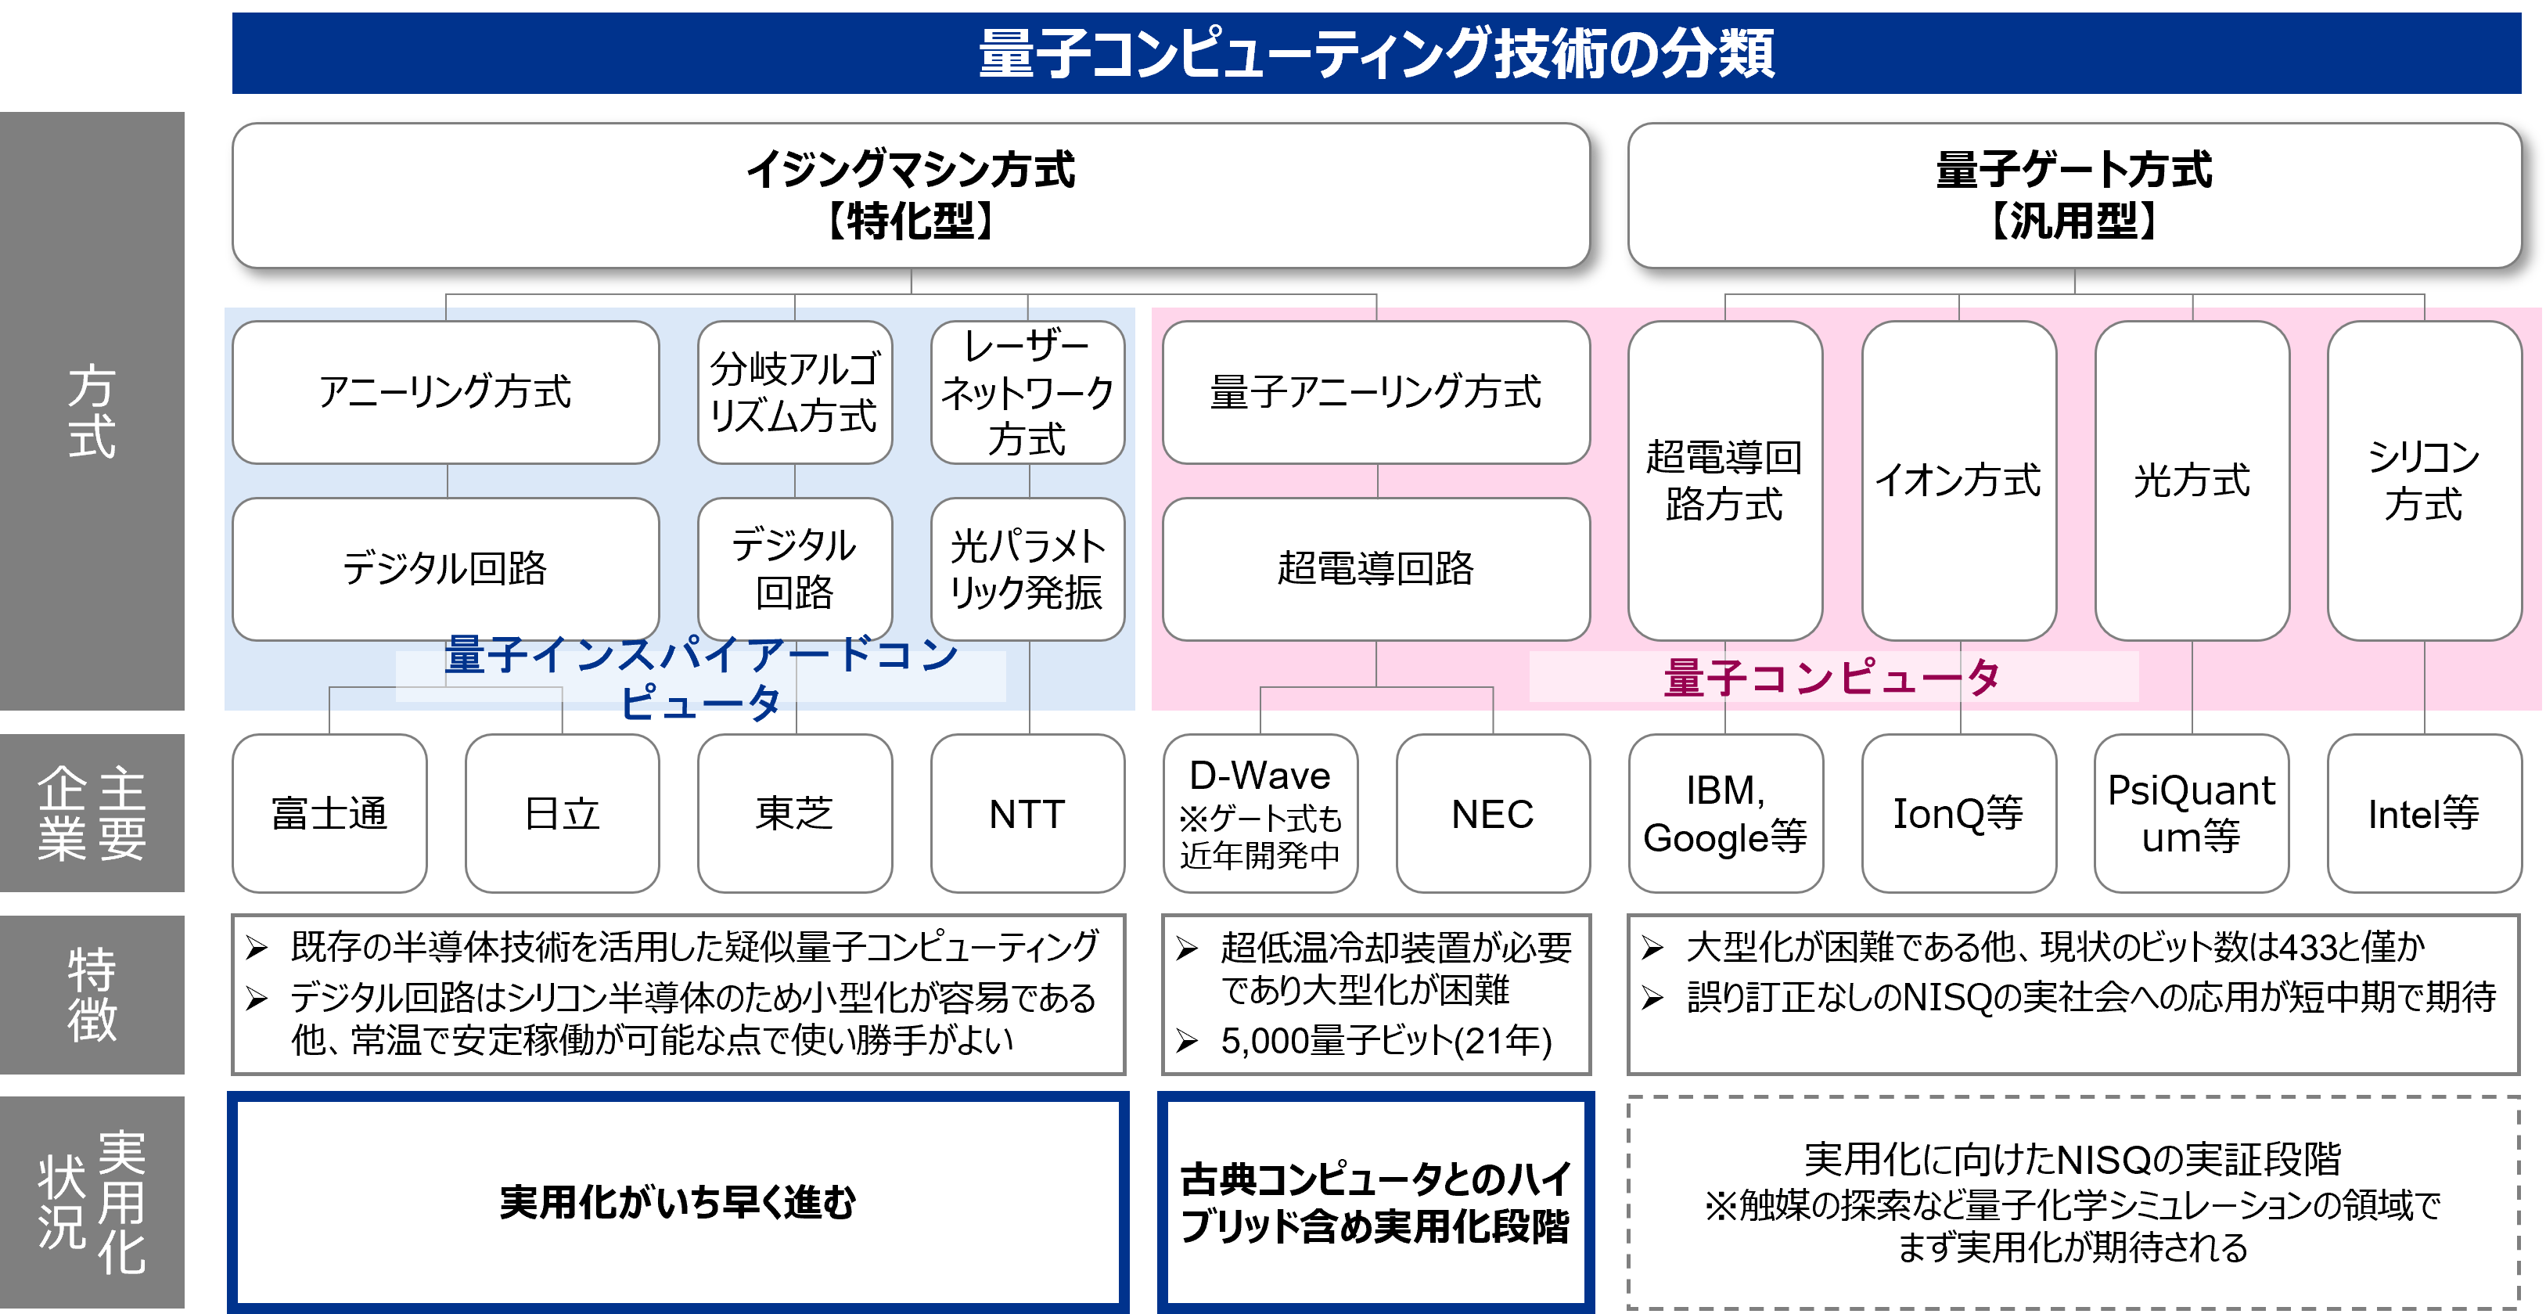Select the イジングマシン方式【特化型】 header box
pyautogui.click(x=910, y=195)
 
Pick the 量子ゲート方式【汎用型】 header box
pyautogui.click(x=2073, y=195)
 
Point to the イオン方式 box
pyautogui.click(x=1958, y=481)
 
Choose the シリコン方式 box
pyautogui.click(x=2423, y=481)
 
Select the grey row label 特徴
pyautogui.click(x=92, y=995)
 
